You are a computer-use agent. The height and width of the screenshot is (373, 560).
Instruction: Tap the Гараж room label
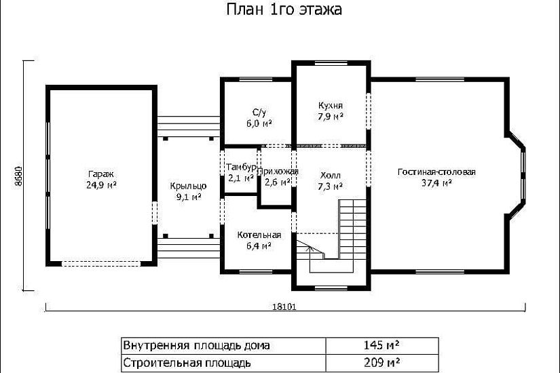click(x=100, y=172)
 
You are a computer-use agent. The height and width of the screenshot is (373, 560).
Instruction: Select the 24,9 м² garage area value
click(x=100, y=184)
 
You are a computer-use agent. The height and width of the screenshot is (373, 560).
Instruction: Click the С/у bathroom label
click(x=259, y=112)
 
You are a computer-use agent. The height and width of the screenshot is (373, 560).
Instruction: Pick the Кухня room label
click(x=331, y=105)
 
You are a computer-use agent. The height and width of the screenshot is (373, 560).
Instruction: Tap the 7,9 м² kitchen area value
click(x=331, y=117)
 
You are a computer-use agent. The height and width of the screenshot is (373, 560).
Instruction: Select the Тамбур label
click(x=241, y=167)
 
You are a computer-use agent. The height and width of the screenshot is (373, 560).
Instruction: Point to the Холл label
click(x=331, y=174)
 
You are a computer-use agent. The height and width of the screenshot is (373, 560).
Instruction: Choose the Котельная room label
click(x=259, y=235)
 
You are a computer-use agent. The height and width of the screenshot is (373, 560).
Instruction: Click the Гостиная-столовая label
click(x=436, y=172)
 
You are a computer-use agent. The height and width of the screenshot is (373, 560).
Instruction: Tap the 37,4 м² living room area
click(x=436, y=183)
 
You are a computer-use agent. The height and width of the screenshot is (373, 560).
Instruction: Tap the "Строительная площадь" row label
click(x=187, y=362)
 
